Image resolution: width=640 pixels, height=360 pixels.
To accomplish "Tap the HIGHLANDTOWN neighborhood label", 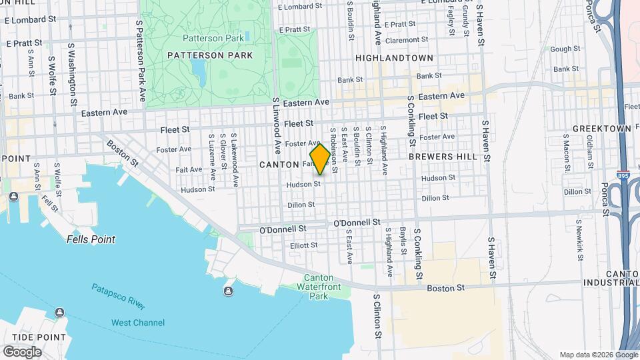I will (x=395, y=58).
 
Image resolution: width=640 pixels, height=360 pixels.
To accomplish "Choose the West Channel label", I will (x=137, y=323).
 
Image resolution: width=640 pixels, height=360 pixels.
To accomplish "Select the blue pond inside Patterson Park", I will (x=198, y=70).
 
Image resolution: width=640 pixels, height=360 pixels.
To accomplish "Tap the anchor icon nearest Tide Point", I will (x=59, y=313).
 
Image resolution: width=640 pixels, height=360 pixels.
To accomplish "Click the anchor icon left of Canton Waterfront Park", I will (x=229, y=291).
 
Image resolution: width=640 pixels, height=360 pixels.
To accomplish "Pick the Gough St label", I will (x=565, y=49).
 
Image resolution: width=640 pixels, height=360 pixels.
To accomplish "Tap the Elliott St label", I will (x=304, y=245).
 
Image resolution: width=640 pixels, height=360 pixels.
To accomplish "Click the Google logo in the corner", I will (x=22, y=352).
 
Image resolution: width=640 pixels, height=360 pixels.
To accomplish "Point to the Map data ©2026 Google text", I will (x=597, y=355).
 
